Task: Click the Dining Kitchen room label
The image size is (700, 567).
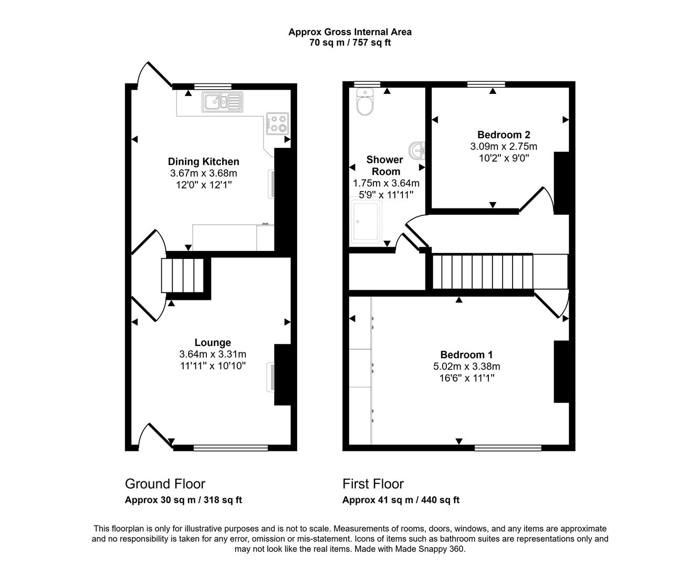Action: [x=203, y=162]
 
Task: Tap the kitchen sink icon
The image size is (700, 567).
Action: [x=222, y=102]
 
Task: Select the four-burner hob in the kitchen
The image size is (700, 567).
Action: [x=277, y=123]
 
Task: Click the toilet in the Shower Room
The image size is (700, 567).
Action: [x=364, y=101]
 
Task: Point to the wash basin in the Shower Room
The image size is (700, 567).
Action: [x=419, y=151]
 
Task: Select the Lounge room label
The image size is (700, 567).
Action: [x=213, y=342]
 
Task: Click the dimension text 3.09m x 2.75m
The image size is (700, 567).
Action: [x=503, y=146]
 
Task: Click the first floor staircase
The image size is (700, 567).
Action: [x=482, y=271]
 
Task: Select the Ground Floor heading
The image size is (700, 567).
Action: [x=165, y=484]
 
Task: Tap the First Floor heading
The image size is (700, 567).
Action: [x=373, y=484]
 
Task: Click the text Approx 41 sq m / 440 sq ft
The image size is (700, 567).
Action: [x=401, y=500]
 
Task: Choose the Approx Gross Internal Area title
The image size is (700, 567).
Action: [x=350, y=32]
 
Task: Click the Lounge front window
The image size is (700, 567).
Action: [x=231, y=448]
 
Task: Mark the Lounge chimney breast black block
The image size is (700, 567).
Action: [x=283, y=375]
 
